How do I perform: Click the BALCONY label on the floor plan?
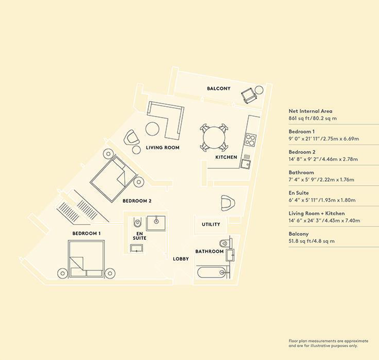(x=219, y=88)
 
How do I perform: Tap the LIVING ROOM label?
(x=163, y=147)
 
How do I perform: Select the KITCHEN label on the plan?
(x=226, y=157)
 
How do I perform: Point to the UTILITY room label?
(x=211, y=224)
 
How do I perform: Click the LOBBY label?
(x=181, y=259)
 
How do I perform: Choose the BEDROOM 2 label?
(x=137, y=201)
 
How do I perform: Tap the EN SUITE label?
(x=139, y=236)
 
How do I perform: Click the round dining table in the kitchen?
(x=214, y=137)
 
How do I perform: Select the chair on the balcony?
(x=249, y=95)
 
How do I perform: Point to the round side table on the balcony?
(x=259, y=90)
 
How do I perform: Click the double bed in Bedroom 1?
(x=86, y=259)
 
